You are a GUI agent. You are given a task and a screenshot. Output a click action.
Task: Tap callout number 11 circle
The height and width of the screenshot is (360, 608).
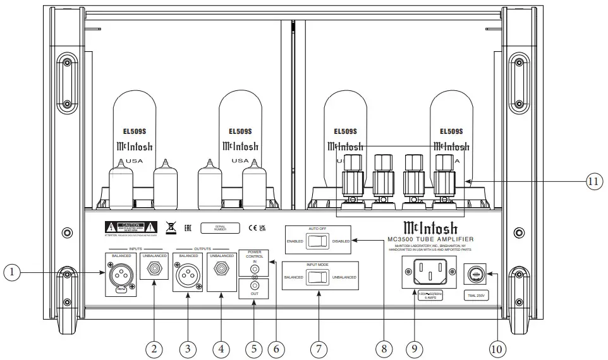(x=592, y=181)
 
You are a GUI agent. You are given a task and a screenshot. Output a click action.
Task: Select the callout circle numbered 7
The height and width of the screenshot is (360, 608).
(x=319, y=347)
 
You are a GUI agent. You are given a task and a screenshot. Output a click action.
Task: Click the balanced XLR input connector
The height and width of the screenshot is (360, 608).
(x=121, y=275)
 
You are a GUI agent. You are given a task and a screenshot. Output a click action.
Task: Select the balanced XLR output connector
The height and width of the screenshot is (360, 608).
(x=188, y=276)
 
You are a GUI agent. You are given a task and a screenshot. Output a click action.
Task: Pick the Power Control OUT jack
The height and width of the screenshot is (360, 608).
(x=255, y=292)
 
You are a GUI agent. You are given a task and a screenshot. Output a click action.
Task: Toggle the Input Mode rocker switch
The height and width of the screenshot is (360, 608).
(x=319, y=277)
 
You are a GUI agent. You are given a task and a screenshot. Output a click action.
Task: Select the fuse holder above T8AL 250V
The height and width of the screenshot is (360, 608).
(x=477, y=275)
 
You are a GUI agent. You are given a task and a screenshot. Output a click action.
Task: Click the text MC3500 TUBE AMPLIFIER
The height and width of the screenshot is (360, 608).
(x=430, y=239)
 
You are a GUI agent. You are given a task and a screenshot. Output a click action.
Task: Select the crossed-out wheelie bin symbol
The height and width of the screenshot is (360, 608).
(x=170, y=227)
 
